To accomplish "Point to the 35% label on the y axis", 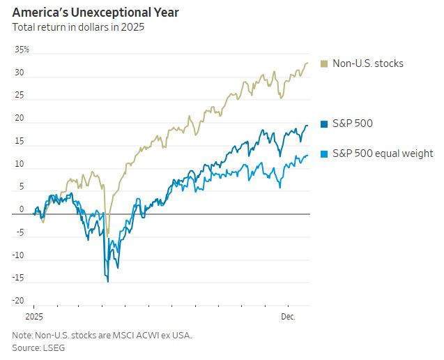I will click(x=22, y=50).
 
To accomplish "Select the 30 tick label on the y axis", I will click(x=20, y=73).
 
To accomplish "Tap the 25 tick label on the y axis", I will click(x=20, y=96).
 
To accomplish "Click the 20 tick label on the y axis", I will click(x=20, y=119).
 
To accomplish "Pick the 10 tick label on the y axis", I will click(x=20, y=165).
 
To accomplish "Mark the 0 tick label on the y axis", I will click(x=22, y=209).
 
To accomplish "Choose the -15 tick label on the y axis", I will click(x=19, y=278).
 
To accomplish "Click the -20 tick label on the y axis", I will click(x=19, y=301).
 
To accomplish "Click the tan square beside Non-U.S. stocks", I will click(x=324, y=63).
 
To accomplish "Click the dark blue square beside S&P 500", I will click(x=324, y=124).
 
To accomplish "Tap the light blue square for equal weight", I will click(x=324, y=153).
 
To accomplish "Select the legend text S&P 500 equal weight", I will click(x=382, y=153).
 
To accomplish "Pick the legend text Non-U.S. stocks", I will click(x=367, y=63).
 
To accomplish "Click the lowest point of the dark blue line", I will click(x=107, y=281).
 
